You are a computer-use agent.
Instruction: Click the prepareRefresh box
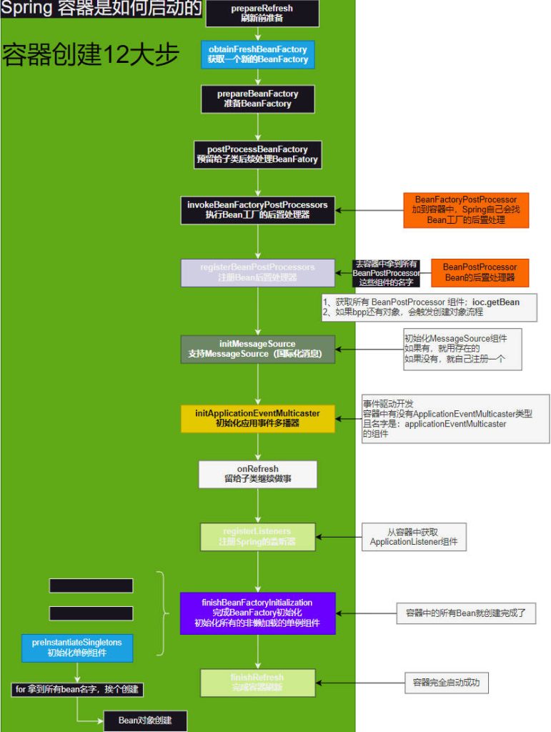coord(262,13)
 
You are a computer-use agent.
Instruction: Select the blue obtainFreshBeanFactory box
coord(257,54)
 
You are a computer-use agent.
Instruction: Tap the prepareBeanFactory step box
coord(257,99)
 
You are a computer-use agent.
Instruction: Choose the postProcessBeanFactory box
coord(257,154)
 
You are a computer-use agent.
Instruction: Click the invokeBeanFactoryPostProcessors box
coord(257,209)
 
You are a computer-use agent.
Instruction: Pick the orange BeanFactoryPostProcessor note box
coord(466,209)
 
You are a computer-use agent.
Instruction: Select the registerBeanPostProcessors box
coord(257,272)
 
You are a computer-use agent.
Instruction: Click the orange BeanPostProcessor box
coord(480,272)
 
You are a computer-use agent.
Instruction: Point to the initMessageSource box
coord(257,349)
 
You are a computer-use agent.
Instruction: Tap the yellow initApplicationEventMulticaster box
coord(257,418)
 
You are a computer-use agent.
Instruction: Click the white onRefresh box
coord(257,474)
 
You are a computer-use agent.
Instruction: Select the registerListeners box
coord(257,537)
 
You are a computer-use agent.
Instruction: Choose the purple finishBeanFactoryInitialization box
coord(257,613)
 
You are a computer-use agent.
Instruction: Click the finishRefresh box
coord(257,682)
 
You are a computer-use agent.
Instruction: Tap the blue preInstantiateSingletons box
coord(76,647)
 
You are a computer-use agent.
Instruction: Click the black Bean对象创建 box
coord(145,721)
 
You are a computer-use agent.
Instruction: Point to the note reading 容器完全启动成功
coord(447,683)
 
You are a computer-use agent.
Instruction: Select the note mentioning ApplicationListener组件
coord(414,537)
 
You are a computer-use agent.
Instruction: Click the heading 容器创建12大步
coord(91,55)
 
